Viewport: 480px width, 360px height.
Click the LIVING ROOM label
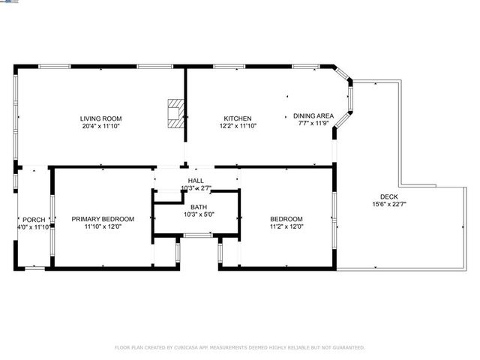pos(101,118)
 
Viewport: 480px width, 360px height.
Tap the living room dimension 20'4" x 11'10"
pos(101,127)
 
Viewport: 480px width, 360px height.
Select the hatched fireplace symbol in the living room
pos(175,114)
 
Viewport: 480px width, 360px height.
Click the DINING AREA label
pos(313,115)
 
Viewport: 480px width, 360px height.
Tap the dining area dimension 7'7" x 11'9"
pos(313,123)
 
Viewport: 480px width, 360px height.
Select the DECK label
pos(389,196)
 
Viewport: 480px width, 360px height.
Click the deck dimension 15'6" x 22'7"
pos(389,204)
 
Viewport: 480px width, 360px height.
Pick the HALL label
pos(196,181)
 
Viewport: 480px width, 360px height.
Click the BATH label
pos(199,207)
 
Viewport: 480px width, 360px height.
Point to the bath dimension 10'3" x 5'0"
pos(199,214)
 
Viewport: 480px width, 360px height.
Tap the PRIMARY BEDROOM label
pos(103,219)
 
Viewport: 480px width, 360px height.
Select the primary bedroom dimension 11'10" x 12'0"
pos(103,226)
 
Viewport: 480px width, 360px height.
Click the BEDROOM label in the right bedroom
pos(286,219)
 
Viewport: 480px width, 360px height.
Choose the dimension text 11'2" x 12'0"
pos(286,226)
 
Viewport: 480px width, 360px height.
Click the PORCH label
pos(34,220)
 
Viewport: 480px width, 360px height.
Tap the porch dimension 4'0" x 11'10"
pos(34,227)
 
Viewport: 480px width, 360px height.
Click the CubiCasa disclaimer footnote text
pos(239,347)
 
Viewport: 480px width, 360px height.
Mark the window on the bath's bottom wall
pos(197,235)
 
